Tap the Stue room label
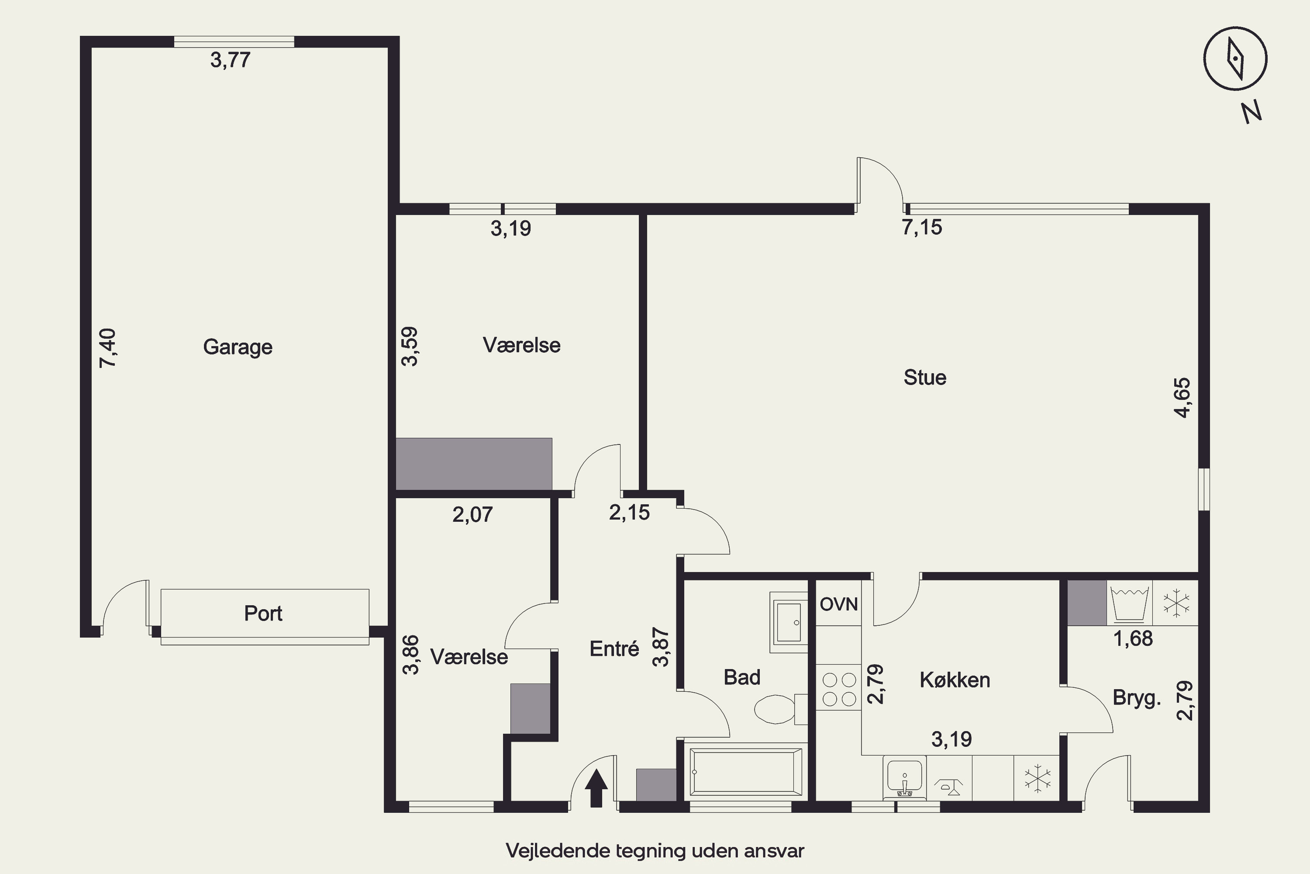[924, 378]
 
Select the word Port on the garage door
[263, 613]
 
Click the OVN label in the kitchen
[838, 604]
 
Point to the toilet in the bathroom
[780, 709]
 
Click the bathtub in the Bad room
[746, 772]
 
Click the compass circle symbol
[1235, 58]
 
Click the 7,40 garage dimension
[108, 348]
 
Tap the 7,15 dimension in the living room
[922, 227]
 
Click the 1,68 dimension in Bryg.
[1133, 638]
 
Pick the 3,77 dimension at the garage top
[230, 59]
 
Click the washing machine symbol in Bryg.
[1129, 603]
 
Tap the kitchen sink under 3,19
[904, 778]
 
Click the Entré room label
[614, 649]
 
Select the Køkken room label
[955, 680]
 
